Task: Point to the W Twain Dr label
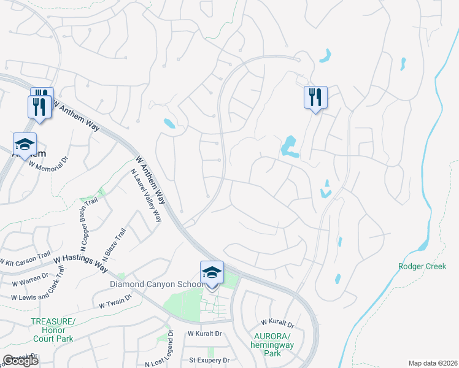point(115,300)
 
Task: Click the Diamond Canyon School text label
point(157,284)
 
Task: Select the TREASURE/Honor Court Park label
point(52,330)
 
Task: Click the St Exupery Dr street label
point(209,360)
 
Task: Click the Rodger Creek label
point(422,266)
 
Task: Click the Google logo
point(21,360)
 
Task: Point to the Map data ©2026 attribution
point(432,363)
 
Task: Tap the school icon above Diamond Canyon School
point(212,272)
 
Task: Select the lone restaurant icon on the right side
point(315,98)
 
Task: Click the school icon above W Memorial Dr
point(25,144)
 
